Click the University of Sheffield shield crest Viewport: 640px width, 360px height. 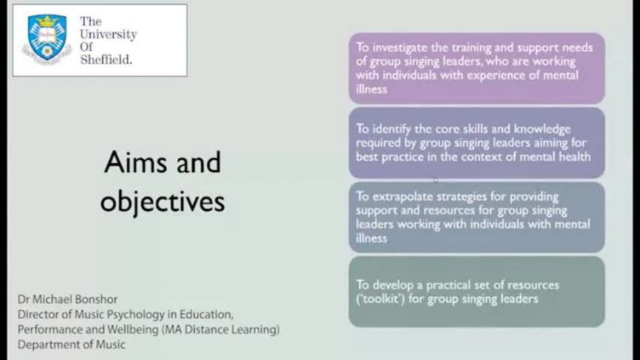click(47, 39)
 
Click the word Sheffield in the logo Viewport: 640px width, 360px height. click(106, 60)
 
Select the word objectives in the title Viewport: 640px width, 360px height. click(163, 202)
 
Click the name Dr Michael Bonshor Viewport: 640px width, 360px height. click(68, 300)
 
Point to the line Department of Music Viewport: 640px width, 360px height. click(71, 345)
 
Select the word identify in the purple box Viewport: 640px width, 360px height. click(391, 129)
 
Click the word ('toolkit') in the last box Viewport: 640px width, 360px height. click(380, 300)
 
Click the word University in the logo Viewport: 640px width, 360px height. click(108, 34)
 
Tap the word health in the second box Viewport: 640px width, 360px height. click(573, 157)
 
